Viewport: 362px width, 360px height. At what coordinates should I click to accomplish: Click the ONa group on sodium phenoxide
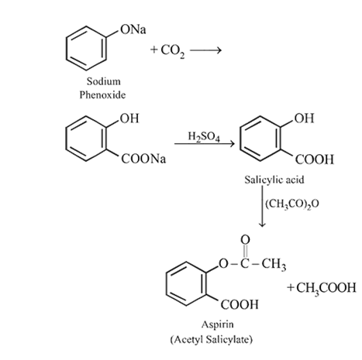click(133, 29)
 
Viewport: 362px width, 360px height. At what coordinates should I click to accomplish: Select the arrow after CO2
click(205, 50)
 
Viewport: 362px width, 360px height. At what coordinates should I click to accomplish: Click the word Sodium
click(104, 81)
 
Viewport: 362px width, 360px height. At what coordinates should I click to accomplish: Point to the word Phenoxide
click(102, 94)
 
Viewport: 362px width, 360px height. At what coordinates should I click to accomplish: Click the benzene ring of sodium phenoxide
click(86, 48)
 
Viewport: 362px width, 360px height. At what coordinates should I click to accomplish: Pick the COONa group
click(143, 159)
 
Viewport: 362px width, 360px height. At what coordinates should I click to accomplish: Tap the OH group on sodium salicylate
click(129, 118)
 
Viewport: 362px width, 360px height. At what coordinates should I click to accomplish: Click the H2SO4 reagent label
click(204, 136)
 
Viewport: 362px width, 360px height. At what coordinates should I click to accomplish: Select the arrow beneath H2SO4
click(205, 143)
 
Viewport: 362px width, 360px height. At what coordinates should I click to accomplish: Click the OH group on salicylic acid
click(305, 118)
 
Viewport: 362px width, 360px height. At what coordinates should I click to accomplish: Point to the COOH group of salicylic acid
click(315, 159)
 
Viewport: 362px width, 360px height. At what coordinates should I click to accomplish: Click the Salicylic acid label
click(274, 180)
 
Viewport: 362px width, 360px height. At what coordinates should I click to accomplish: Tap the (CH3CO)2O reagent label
click(292, 204)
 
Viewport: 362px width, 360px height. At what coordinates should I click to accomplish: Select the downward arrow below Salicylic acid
click(262, 206)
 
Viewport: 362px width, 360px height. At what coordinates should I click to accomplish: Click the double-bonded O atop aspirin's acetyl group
click(245, 239)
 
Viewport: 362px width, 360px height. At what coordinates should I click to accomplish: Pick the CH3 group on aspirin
click(274, 264)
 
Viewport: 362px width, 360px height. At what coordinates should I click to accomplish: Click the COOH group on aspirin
click(240, 304)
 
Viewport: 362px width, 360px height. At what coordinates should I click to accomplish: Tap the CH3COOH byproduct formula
click(322, 288)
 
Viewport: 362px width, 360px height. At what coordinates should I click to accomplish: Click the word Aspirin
click(218, 324)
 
